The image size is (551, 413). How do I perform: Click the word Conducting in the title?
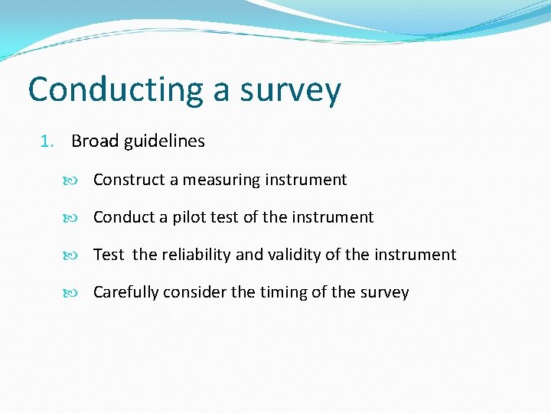pos(115,90)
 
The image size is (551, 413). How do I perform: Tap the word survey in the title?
pos(290,90)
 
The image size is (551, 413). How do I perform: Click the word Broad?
pos(95,141)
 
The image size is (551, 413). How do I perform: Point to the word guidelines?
pos(164,141)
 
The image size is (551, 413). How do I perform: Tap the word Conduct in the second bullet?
pos(124,217)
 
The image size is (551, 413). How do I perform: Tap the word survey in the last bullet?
pos(384,292)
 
